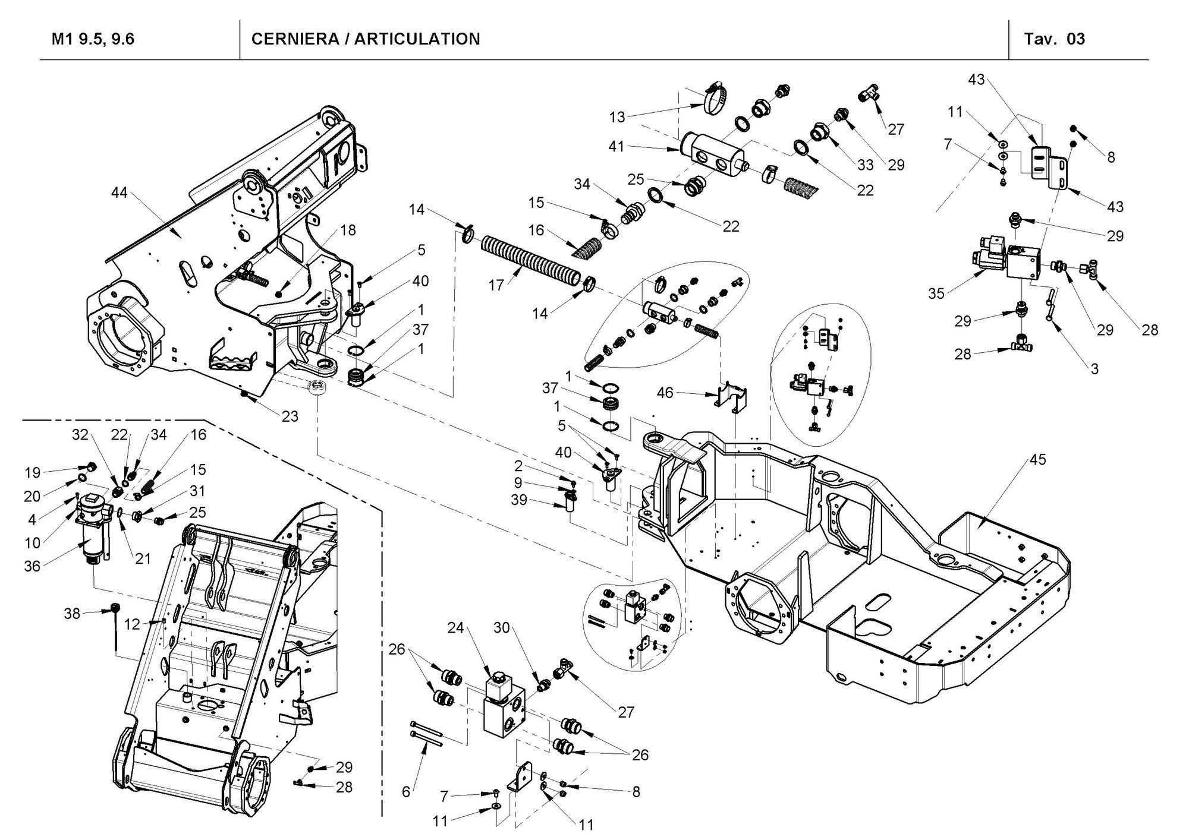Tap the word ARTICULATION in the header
[417, 39]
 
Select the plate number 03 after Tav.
[1075, 39]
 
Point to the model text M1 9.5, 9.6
[93, 39]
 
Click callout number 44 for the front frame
[119, 192]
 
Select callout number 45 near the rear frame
[1037, 459]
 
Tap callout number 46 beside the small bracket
[665, 393]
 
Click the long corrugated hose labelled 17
[529, 260]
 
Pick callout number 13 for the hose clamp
[617, 117]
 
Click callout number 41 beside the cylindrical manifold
[616, 146]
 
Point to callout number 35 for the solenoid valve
[936, 293]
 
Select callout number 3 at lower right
[1094, 369]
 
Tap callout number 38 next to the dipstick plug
[72, 613]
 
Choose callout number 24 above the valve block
[455, 629]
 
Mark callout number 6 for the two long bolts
[406, 791]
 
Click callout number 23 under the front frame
[290, 416]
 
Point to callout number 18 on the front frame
[348, 230]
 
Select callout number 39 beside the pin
[519, 500]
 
